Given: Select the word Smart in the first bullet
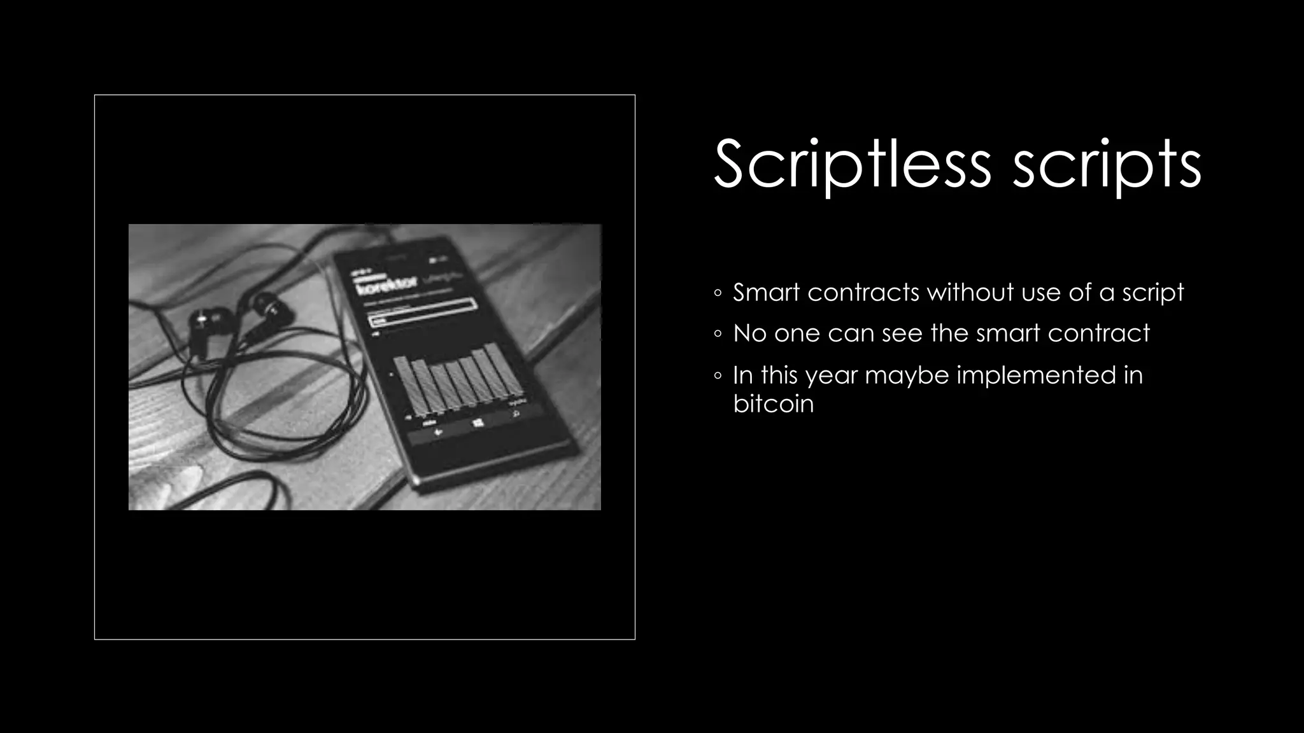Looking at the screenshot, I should [x=765, y=292].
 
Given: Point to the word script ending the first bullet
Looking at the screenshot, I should [x=1152, y=293].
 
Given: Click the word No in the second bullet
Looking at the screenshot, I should [x=749, y=333].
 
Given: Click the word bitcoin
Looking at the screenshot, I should [x=773, y=403].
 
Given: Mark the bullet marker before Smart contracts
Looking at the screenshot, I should [x=718, y=293].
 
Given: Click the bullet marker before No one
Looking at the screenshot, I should [x=718, y=334].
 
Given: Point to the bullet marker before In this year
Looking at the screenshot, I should [x=718, y=376].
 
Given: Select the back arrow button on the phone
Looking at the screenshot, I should [x=438, y=432].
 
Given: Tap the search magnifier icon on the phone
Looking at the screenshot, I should [x=516, y=414].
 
